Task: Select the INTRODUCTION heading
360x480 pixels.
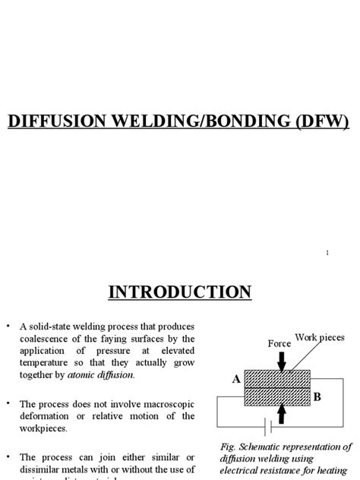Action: point(179,292)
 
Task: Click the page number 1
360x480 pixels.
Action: point(327,254)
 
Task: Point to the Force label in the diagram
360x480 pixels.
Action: point(279,343)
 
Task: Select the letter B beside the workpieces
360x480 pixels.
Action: point(317,396)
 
